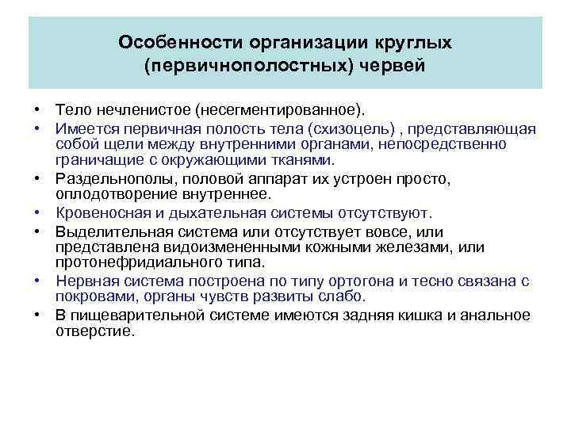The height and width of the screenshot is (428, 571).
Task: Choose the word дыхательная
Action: pyautogui.click(x=220, y=213)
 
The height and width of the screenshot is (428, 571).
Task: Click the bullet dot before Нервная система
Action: pyautogui.click(x=38, y=282)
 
